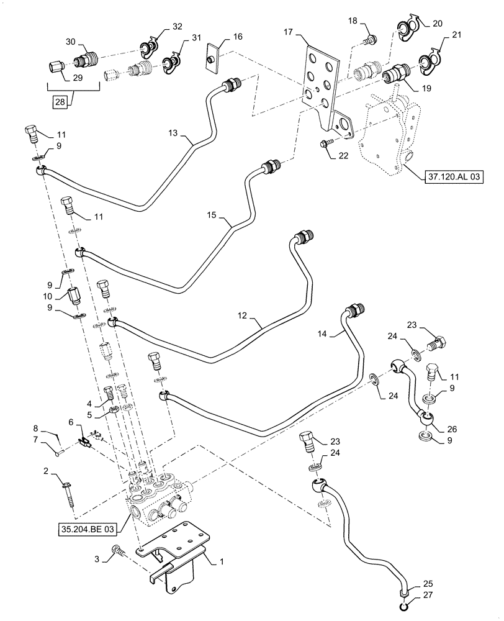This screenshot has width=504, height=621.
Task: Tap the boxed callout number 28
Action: point(60,101)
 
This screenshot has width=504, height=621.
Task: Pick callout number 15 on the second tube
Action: point(212,215)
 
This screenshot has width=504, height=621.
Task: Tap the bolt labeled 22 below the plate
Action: point(326,144)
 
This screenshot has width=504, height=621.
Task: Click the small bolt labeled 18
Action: point(371,40)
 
